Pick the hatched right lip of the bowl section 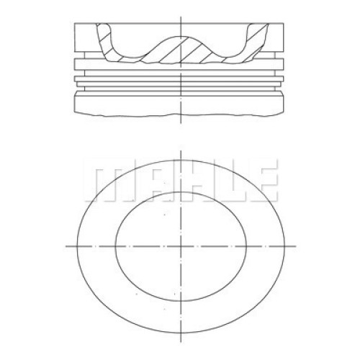point(256,41)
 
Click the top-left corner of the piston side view point(74,23)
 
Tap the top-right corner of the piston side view point(284,23)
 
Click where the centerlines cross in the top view point(181,246)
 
